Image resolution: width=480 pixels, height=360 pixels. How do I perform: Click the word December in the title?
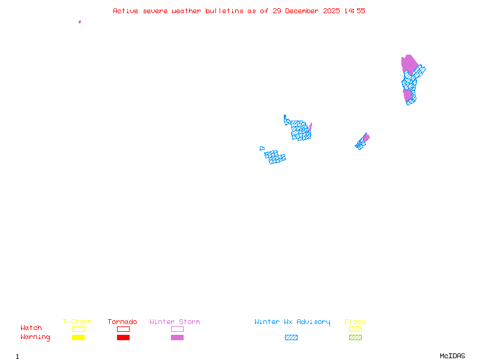(x=302, y=11)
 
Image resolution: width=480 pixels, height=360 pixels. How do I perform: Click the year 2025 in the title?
(x=331, y=11)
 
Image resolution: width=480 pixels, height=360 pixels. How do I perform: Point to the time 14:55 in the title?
(x=355, y=11)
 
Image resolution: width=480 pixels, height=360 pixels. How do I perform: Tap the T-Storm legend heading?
(x=77, y=322)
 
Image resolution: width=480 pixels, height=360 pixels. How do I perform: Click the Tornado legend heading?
(x=122, y=322)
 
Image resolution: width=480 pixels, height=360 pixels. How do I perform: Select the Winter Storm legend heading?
(x=175, y=322)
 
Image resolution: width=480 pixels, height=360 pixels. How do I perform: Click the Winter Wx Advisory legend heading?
(x=292, y=322)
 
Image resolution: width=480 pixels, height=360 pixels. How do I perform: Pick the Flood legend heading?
(x=355, y=322)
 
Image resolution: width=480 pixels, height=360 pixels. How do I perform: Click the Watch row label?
(x=31, y=328)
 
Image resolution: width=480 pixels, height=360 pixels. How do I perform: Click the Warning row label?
(x=35, y=337)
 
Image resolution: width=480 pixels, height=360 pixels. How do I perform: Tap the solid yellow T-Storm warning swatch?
(x=79, y=337)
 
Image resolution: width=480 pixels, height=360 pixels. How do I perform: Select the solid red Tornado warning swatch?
(x=124, y=337)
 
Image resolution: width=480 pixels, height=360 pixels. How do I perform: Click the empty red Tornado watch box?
(x=124, y=326)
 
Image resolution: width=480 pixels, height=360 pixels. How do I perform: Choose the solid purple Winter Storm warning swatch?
(x=177, y=337)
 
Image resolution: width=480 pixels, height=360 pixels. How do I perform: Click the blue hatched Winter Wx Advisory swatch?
(x=291, y=337)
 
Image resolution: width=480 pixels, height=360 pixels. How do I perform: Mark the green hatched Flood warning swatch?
(x=355, y=337)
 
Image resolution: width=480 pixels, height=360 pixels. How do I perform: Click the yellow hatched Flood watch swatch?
(x=355, y=329)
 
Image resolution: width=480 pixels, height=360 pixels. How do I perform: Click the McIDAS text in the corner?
(x=452, y=356)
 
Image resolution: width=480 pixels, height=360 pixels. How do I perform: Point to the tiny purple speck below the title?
(x=80, y=22)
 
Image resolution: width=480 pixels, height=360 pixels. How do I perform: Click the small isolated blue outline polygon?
(x=262, y=148)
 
